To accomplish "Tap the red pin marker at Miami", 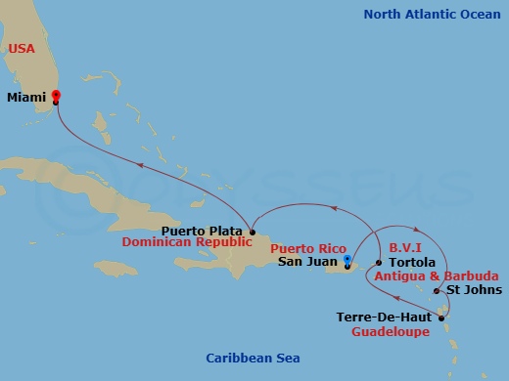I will pos(56,97).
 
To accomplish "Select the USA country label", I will pos(22,48).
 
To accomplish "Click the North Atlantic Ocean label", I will pos(429,14).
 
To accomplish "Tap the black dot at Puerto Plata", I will pos(252,233).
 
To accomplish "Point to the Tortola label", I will pos(411,262).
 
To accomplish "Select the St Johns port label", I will pos(474,289).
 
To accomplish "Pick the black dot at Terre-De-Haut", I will pos(440,317).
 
